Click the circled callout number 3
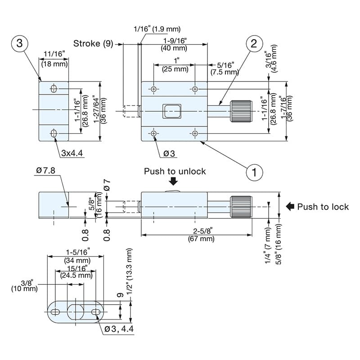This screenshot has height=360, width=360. [x=19, y=43]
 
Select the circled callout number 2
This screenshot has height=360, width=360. [x=254, y=44]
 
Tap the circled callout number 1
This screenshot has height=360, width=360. [x=254, y=172]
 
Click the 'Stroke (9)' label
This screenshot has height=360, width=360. [x=93, y=43]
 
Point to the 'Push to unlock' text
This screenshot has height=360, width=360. [x=175, y=171]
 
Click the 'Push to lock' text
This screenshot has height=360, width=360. [x=323, y=207]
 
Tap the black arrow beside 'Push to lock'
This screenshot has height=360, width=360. [x=290, y=207]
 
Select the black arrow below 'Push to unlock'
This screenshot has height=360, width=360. [x=173, y=181]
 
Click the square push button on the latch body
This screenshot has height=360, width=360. [x=172, y=112]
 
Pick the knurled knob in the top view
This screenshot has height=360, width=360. [x=241, y=111]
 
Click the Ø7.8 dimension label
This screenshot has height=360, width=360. [x=46, y=171]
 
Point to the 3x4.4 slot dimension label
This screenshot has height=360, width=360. [x=72, y=153]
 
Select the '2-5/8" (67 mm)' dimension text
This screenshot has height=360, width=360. [x=201, y=234]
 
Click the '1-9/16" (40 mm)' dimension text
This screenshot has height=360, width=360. [x=175, y=44]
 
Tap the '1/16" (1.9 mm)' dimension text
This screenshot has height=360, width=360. [x=157, y=29]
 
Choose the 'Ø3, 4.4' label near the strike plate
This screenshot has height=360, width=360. [x=119, y=329]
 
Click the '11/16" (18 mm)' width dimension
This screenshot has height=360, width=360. [x=54, y=59]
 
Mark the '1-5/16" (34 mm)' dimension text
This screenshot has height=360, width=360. [x=77, y=256]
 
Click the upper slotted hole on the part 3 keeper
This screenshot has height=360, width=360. [x=54, y=89]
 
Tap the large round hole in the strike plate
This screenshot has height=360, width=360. [x=76, y=311]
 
